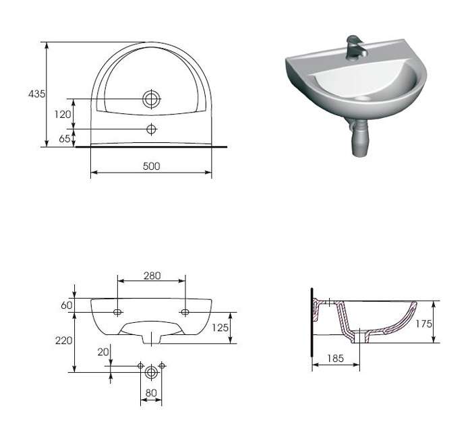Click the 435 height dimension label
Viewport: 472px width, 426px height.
pos(36,94)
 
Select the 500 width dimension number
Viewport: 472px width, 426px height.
pos(152,166)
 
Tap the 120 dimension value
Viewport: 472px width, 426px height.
pos(63,115)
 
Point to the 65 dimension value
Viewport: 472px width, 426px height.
pos(65,138)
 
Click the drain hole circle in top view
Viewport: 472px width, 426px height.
pos(152,98)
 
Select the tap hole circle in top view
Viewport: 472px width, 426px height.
pos(152,129)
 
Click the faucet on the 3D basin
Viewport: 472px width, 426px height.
pos(356,48)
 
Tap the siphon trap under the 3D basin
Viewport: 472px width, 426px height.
pos(359,138)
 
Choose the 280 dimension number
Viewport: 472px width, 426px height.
pos(152,276)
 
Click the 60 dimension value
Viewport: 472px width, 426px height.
pos(67,305)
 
